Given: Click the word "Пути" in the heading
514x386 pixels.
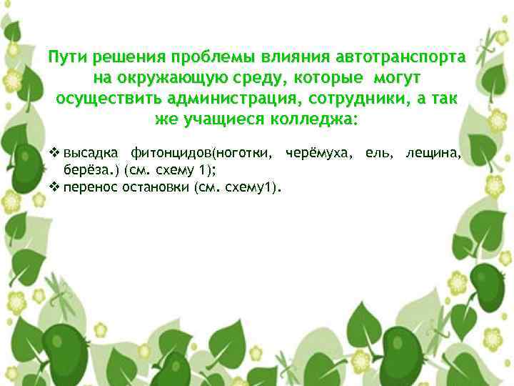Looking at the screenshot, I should coord(66,56).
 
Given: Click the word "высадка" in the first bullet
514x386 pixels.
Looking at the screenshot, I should coord(91,153).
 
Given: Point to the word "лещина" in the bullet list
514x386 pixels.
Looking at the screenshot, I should coord(433,153).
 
